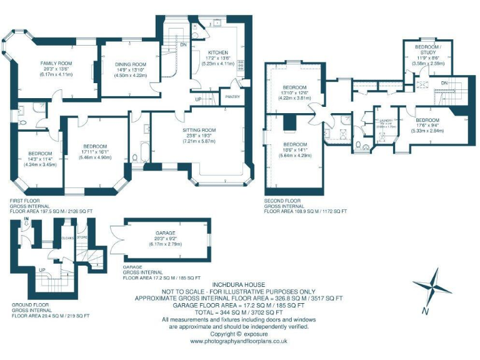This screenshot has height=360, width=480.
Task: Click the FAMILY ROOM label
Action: point(56,63)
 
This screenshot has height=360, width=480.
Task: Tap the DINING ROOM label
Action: point(130,64)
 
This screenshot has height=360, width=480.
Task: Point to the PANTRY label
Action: point(232,97)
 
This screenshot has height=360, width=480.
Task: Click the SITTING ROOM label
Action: point(199,130)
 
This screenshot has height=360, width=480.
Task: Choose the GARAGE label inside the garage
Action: point(165,232)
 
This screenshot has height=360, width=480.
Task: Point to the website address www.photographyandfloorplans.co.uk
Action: point(237,341)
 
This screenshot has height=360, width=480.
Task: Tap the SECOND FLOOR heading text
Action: point(283,201)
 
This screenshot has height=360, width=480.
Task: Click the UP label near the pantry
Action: point(197,99)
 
